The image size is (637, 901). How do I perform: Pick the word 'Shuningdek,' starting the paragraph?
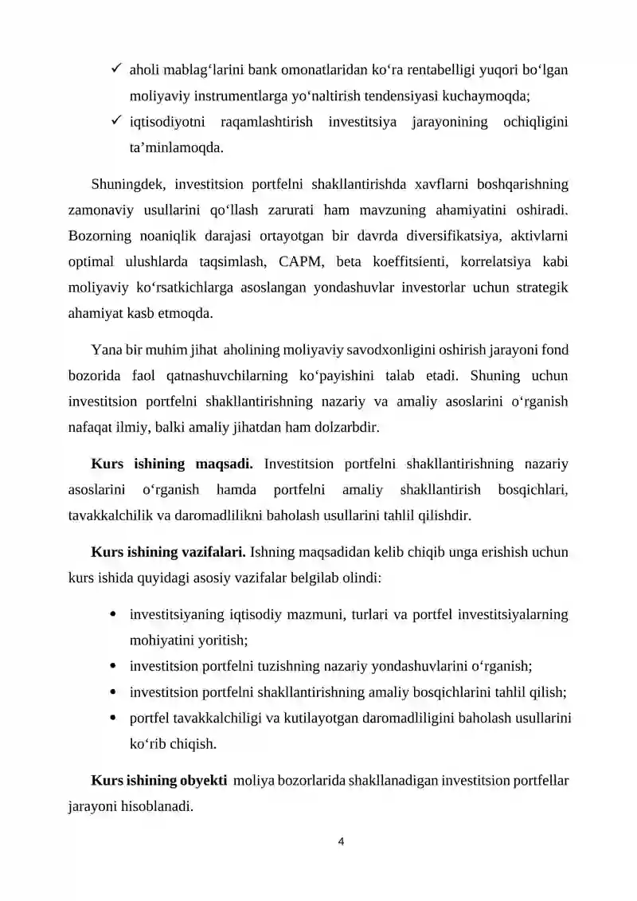click(126, 185)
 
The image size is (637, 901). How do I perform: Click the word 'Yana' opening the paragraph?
click(107, 350)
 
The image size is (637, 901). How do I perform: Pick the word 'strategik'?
click(541, 287)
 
